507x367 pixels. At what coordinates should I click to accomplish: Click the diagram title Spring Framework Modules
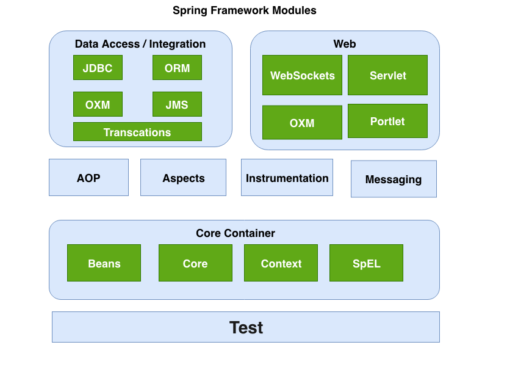click(x=244, y=10)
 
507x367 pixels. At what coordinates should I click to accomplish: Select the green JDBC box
click(x=98, y=68)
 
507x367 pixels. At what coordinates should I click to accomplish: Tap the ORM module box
click(x=177, y=68)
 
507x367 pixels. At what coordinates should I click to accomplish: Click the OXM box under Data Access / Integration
click(x=98, y=104)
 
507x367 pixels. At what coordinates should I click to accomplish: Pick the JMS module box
click(x=177, y=104)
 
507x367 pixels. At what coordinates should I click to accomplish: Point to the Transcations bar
click(x=137, y=132)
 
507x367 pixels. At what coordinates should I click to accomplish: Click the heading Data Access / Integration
click(x=140, y=44)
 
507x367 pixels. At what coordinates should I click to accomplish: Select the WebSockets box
click(x=302, y=75)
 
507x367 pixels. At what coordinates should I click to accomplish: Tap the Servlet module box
click(x=387, y=75)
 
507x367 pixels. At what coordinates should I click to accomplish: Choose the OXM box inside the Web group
click(x=302, y=123)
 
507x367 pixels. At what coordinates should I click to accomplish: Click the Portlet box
click(x=387, y=121)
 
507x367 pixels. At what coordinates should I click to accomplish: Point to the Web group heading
click(x=345, y=44)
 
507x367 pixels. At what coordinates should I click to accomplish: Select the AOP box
click(x=88, y=178)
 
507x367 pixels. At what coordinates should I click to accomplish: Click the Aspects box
click(x=183, y=178)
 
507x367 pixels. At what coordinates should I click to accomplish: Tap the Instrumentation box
click(x=287, y=178)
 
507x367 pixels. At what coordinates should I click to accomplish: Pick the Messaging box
click(x=394, y=179)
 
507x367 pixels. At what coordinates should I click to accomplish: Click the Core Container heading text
click(x=236, y=233)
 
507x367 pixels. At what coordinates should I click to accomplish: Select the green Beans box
click(x=104, y=263)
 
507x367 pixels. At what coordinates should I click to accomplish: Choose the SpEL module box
click(x=366, y=263)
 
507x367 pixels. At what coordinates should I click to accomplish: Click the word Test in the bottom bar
click(x=246, y=327)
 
